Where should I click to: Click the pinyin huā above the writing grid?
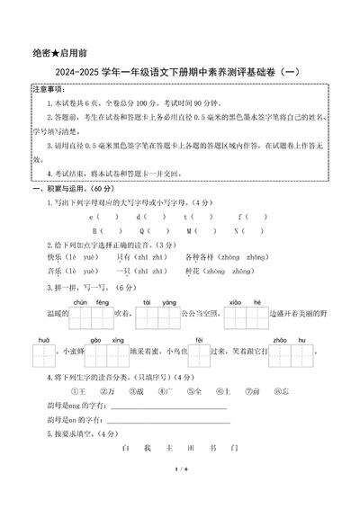[43, 341]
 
